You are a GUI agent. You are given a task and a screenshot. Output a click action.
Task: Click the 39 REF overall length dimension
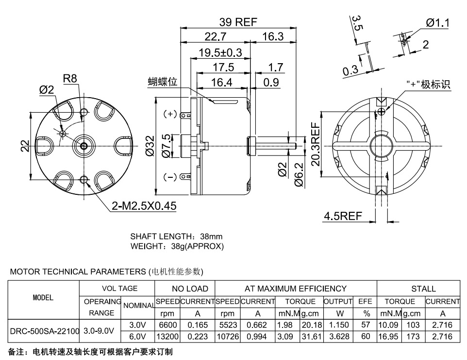pyautogui.click(x=238, y=22)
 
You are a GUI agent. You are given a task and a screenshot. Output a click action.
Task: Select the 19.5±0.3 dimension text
pyautogui.click(x=220, y=53)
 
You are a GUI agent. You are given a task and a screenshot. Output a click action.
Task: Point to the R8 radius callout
pyautogui.click(x=70, y=78)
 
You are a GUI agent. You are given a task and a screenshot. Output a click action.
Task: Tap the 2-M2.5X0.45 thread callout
pyautogui.click(x=144, y=206)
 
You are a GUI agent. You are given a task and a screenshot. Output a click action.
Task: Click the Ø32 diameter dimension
pyautogui.click(x=150, y=146)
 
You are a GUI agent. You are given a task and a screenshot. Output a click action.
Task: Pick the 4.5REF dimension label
pyautogui.click(x=343, y=216)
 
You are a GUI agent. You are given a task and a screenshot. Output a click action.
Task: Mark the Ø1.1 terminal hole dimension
pyautogui.click(x=437, y=23)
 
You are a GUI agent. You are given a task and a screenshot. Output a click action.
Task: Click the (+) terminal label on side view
pyautogui.click(x=170, y=114)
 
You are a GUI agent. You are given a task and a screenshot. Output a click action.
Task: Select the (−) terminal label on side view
pyautogui.click(x=170, y=177)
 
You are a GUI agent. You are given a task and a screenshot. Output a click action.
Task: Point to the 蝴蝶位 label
pyautogui.click(x=163, y=81)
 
